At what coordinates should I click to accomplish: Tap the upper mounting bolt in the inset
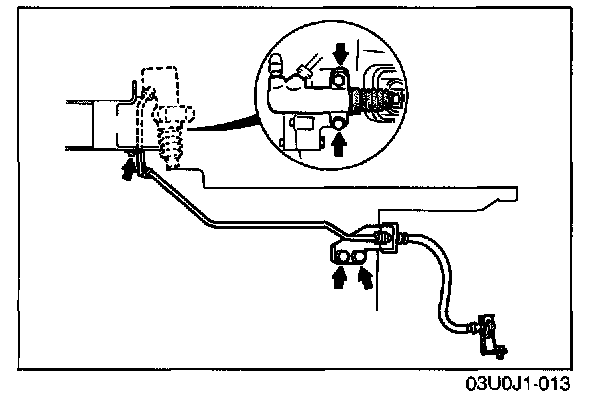(x=339, y=81)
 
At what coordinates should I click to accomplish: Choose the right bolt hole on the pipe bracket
(x=358, y=258)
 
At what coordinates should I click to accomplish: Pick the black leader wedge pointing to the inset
(x=225, y=123)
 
